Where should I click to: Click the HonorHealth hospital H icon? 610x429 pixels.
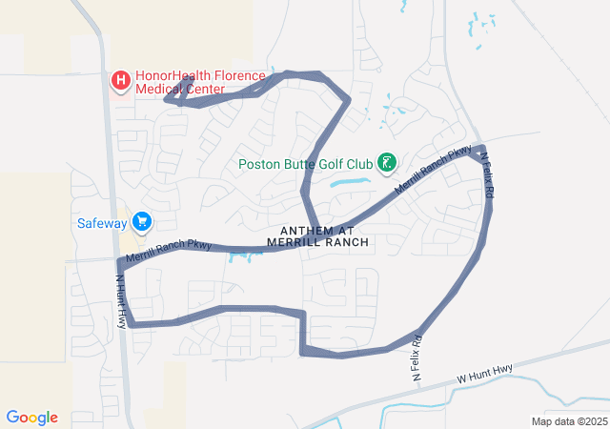click(x=121, y=81)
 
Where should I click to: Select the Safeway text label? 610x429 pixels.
click(x=102, y=224)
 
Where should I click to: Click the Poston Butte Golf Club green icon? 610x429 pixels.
click(x=386, y=162)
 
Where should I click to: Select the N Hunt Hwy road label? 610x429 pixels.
click(x=121, y=301)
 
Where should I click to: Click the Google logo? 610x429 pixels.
click(x=32, y=418)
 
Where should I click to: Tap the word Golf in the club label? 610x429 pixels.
click(x=328, y=163)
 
